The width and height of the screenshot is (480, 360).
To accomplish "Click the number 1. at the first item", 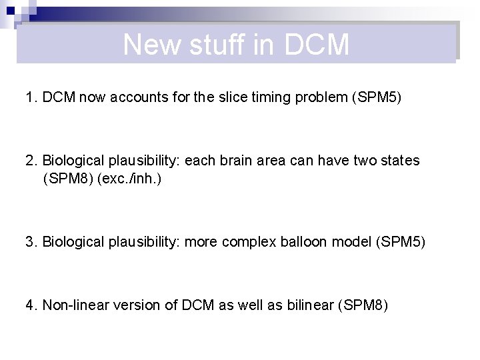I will (x=31, y=97).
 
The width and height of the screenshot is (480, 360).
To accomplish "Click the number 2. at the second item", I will (x=31, y=161).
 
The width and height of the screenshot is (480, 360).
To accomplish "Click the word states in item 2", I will (x=401, y=161).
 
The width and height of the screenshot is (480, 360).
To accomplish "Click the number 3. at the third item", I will (x=31, y=241).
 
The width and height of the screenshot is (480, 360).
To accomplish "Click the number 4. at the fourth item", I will (x=31, y=305).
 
